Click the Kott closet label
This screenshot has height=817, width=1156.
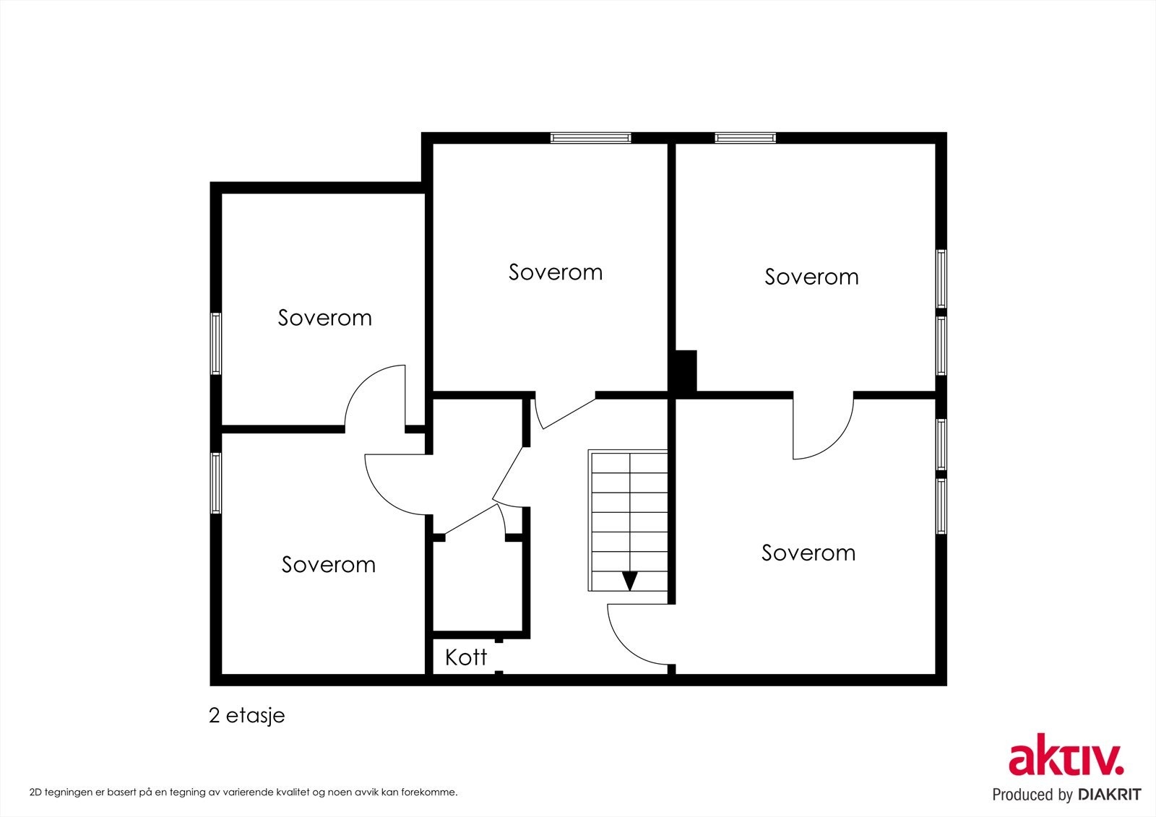pyautogui.click(x=465, y=657)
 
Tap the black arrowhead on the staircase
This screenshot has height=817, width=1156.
pyautogui.click(x=629, y=581)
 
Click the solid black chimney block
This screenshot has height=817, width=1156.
pyautogui.click(x=686, y=371)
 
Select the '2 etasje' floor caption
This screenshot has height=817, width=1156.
pyautogui.click(x=246, y=715)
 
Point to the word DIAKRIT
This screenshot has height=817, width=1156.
pyautogui.click(x=1109, y=795)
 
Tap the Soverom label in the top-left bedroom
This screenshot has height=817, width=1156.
pyautogui.click(x=324, y=317)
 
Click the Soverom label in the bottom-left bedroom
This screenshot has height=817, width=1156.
pyautogui.click(x=328, y=564)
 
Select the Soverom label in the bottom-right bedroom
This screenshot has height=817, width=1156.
pyautogui.click(x=808, y=553)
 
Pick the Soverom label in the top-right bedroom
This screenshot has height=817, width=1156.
pyautogui.click(x=811, y=277)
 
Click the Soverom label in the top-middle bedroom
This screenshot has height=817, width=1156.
pyautogui.click(x=556, y=272)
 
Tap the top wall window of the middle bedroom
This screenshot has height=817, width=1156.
pyautogui.click(x=590, y=138)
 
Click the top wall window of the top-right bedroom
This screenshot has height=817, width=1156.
pyautogui.click(x=745, y=138)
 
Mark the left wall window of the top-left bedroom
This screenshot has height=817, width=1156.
pyautogui.click(x=216, y=343)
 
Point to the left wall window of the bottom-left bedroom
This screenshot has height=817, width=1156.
pyautogui.click(x=216, y=483)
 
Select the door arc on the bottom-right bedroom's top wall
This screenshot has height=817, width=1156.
pyautogui.click(x=836, y=442)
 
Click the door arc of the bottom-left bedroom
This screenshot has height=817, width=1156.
pyautogui.click(x=382, y=498)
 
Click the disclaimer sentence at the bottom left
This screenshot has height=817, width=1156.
pyautogui.click(x=243, y=792)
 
